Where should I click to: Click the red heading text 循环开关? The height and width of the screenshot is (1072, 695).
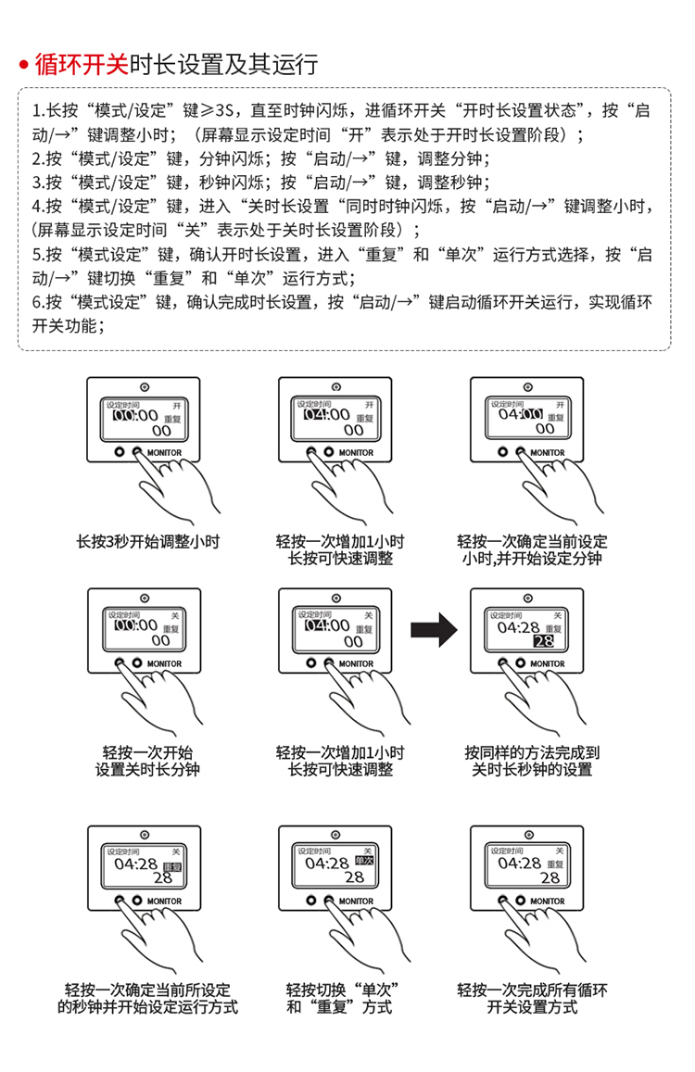tap(82, 64)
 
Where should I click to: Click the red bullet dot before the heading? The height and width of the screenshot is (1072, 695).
tap(24, 66)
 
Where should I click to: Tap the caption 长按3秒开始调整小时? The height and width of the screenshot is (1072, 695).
tap(147, 541)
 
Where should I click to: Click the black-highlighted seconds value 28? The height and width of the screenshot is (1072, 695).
tap(544, 641)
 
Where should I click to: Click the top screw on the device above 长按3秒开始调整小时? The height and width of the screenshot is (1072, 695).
tap(141, 388)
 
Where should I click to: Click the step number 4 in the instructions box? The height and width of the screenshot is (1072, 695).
tap(37, 206)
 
